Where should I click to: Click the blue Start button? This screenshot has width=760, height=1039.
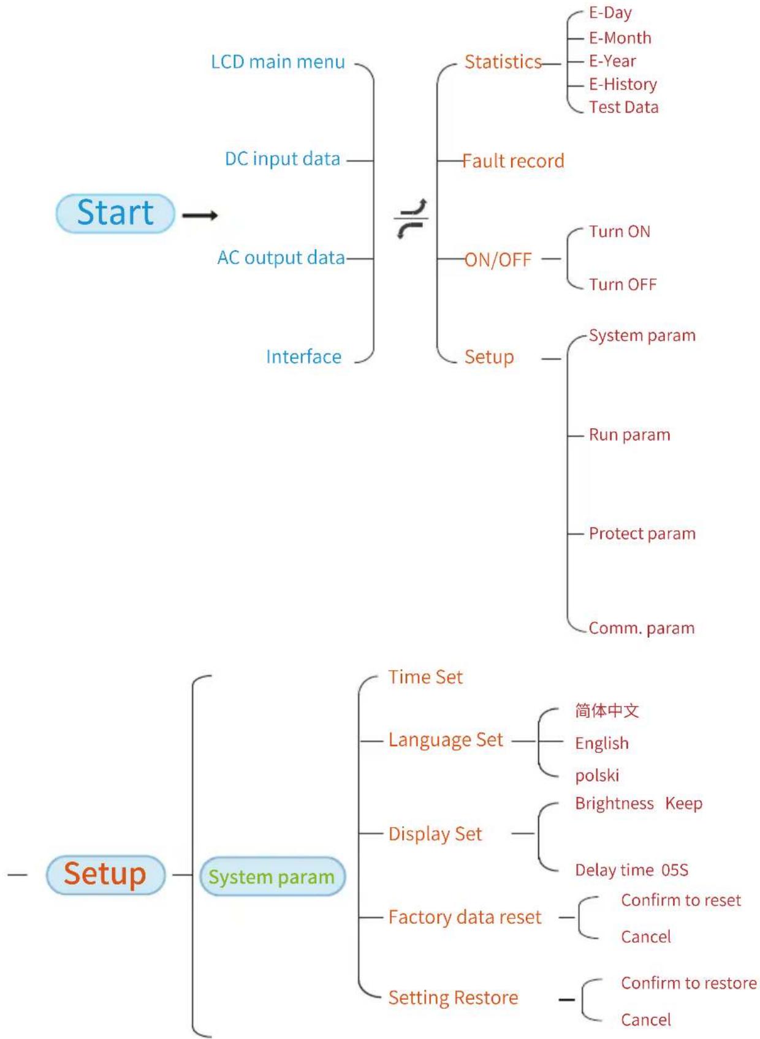pos(115,213)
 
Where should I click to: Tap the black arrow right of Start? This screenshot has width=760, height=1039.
pos(200,215)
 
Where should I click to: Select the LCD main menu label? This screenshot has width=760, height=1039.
pos(278,62)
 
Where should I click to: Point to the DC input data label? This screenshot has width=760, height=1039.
pos(283,159)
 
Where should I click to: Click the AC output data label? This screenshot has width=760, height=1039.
pos(281,257)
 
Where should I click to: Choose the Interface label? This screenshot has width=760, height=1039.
pos(303,357)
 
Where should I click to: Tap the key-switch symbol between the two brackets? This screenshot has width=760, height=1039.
pos(411,219)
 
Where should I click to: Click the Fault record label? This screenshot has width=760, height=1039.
pos(513,161)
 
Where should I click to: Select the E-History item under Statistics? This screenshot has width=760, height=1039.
pos(623,85)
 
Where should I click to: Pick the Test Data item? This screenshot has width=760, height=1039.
pos(623,107)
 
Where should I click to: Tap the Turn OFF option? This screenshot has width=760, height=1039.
pos(623,284)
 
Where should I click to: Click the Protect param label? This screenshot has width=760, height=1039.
pos(642,534)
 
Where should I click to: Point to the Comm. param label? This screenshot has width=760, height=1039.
pos(642,628)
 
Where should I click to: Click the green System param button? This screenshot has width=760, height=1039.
pos(272,877)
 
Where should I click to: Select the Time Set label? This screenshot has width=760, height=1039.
pos(425,677)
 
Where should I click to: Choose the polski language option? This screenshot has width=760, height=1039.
pos(597,775)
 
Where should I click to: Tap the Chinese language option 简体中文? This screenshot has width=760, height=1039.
pos(607,710)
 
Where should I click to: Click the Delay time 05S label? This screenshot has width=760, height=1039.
pos(631,870)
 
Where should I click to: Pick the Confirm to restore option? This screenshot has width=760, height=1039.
pos(689,983)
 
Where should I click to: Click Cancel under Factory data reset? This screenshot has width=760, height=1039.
pos(646,937)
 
